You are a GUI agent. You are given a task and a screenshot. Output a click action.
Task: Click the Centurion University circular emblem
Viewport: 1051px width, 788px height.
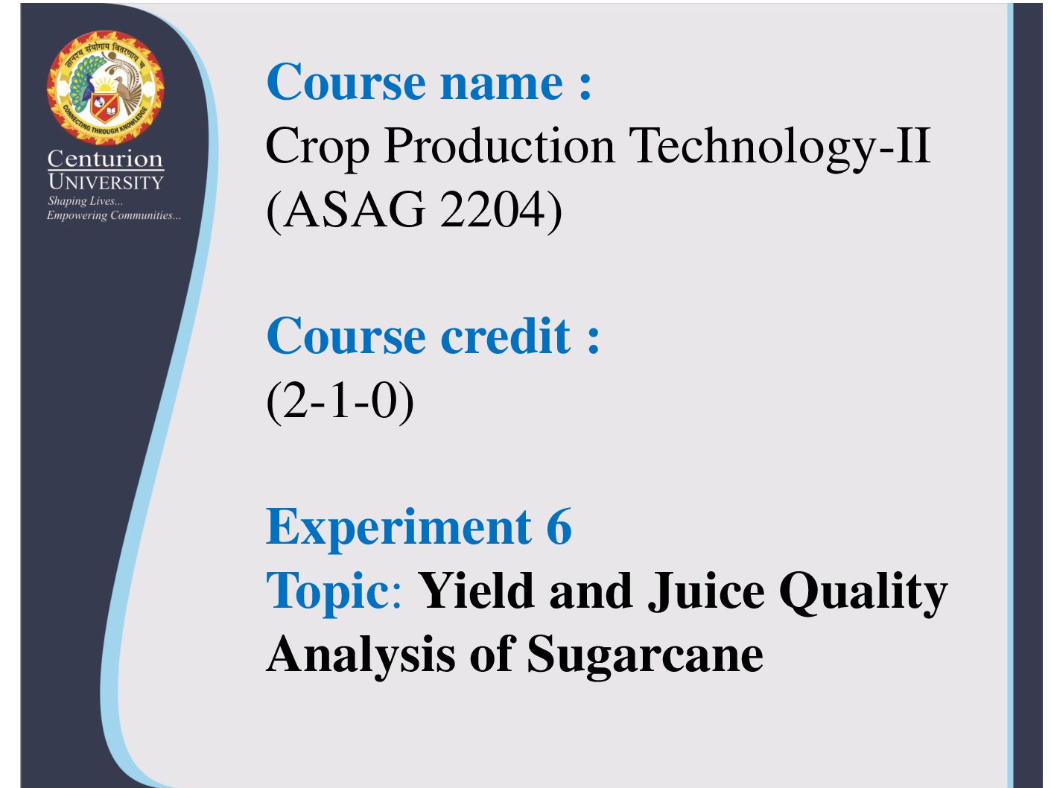point(105,88)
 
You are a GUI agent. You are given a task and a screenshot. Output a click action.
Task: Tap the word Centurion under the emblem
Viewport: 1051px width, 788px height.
point(105,159)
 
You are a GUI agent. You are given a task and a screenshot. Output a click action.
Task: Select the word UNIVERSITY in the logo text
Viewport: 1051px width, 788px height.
point(106,182)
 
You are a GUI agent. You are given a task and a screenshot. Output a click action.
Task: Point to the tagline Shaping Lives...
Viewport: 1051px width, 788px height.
point(85,201)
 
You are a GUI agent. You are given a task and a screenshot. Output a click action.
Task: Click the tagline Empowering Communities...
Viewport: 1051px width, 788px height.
point(114,215)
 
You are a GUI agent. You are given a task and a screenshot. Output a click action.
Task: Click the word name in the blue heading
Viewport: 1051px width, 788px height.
point(501,83)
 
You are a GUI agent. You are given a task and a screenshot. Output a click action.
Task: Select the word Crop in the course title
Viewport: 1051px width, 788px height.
point(317,147)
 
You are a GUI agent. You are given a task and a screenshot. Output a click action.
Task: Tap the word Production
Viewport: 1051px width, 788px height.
point(499,145)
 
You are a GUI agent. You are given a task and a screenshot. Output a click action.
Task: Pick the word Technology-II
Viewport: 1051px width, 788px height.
point(780,147)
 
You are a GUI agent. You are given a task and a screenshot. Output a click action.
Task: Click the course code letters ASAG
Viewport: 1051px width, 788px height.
point(354,210)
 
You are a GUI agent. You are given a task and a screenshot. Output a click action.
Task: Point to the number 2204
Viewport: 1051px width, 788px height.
point(492,210)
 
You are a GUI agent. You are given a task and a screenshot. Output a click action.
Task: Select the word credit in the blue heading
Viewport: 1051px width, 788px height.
point(505,336)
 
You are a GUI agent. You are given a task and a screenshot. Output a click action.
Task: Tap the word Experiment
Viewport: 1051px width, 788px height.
point(399,528)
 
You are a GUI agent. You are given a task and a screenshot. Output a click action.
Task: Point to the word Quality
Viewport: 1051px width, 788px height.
point(863,593)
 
